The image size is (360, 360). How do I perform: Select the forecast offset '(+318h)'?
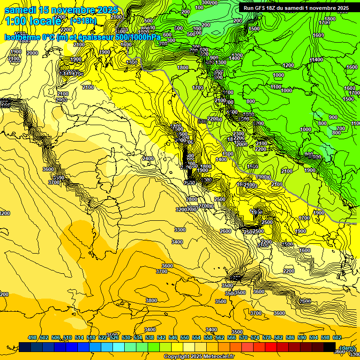[x=83, y=21]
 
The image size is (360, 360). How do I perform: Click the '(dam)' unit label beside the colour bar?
[x=347, y=348]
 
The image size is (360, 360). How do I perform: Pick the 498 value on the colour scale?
[x=32, y=337]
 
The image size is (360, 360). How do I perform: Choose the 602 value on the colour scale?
[x=337, y=337]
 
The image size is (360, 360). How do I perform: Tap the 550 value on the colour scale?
[x=185, y=337]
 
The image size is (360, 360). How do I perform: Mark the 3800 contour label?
[x=151, y=300]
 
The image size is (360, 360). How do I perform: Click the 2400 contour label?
[x=148, y=159]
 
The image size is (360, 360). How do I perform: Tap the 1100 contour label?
[x=276, y=87]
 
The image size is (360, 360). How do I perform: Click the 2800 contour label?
[x=191, y=199]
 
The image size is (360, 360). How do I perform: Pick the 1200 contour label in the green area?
[x=288, y=65]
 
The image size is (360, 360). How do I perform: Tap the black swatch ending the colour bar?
[x=330, y=347]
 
